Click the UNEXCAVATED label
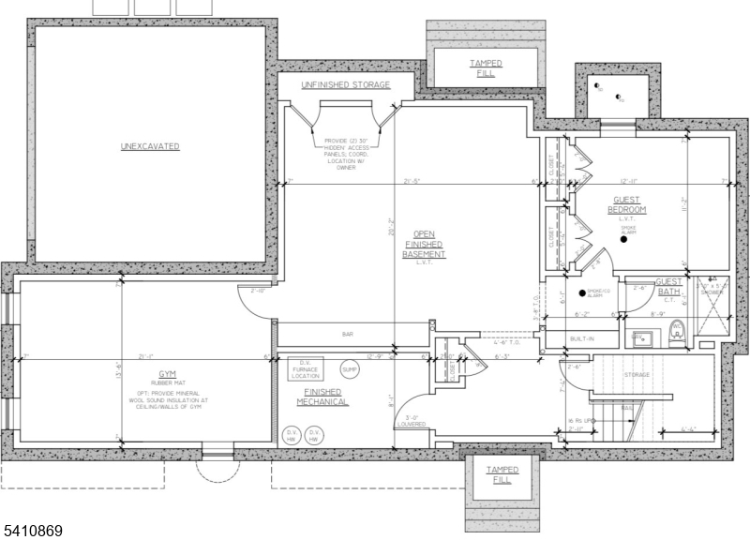pos(149,147)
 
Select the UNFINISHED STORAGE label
pos(344,85)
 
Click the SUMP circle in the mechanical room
pos(349,367)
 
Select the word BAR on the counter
pos(347,334)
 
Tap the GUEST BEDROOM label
pos(626,204)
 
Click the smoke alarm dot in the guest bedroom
pos(623,241)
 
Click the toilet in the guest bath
pos(677,331)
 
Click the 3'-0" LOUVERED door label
pos(411,421)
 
